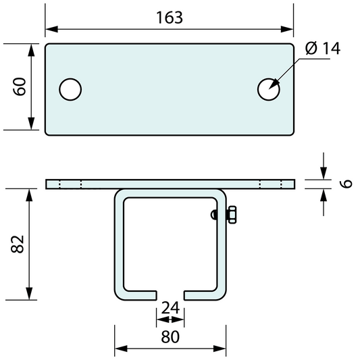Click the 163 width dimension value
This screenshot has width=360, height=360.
170,18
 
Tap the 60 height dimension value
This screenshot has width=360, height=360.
20,86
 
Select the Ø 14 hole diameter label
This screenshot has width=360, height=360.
323,49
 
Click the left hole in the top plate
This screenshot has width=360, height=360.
70,89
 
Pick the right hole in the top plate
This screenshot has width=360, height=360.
268,89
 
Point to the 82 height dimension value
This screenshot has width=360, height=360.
18,244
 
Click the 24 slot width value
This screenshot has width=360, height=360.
170,308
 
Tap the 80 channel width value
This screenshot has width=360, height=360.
170,337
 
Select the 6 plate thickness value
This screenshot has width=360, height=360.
346,184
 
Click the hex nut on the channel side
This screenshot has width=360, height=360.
232,215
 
